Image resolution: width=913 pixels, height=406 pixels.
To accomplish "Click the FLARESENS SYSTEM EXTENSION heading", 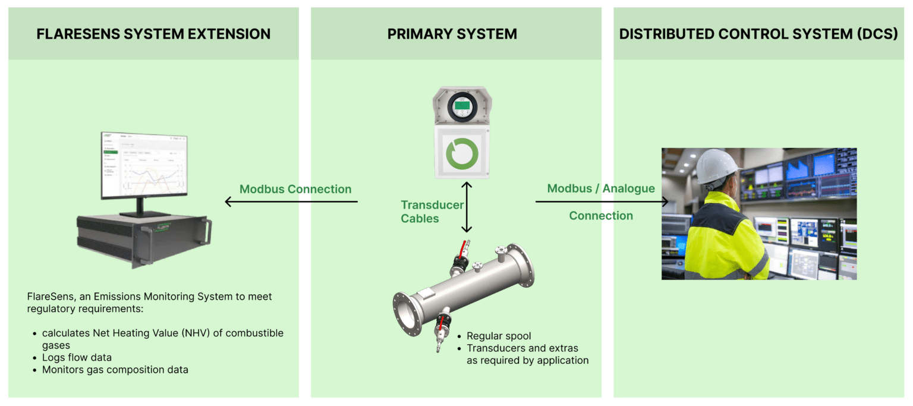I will point(153,34).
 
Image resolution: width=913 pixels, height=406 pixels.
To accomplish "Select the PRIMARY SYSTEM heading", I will point(452,34).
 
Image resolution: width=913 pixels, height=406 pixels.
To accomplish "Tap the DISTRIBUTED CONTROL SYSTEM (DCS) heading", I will point(758,34).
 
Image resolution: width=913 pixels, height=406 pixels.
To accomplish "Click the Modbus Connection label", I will point(295,189).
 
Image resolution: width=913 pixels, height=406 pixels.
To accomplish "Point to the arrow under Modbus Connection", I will point(291,202).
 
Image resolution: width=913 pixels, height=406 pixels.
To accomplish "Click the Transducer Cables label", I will point(432,212).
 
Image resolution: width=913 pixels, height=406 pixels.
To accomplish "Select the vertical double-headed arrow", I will point(467,207).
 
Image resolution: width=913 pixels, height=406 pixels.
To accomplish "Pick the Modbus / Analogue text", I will point(601,188).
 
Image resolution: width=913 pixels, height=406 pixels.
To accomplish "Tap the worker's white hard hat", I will point(716,166).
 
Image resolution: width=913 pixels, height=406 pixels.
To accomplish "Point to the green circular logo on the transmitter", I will point(462,153).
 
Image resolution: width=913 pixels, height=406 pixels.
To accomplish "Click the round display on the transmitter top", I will point(462,107).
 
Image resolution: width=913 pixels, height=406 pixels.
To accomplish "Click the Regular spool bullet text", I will point(498,336).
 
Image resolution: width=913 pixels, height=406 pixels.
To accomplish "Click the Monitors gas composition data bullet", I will point(115,370).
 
